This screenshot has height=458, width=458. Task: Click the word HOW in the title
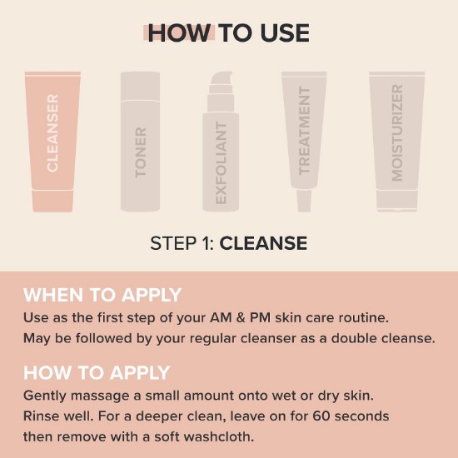[x=179, y=33]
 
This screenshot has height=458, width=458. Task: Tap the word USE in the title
[x=285, y=33]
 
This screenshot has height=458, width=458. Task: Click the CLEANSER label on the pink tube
[x=52, y=133]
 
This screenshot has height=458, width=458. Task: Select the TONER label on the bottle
[x=141, y=152]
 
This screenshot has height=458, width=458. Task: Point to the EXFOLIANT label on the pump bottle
[x=221, y=162]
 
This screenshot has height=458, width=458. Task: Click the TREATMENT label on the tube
[x=304, y=131]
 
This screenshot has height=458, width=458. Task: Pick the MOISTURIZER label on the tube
[x=397, y=133]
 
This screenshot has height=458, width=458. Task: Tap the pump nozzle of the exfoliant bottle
[x=222, y=78]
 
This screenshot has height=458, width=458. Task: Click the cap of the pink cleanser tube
[x=52, y=201]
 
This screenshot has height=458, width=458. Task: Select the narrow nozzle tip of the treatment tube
[x=304, y=201]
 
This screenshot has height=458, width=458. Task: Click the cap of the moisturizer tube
[x=397, y=201]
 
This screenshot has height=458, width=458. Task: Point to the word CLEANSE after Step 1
[x=263, y=243]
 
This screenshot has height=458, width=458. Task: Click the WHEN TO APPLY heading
[x=102, y=295]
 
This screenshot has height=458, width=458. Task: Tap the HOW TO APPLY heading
[x=97, y=373]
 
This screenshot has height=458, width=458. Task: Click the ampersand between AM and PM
[x=241, y=318]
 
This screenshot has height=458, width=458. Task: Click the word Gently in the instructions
[x=45, y=396]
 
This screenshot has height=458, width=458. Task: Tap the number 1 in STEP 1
[x=207, y=243]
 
